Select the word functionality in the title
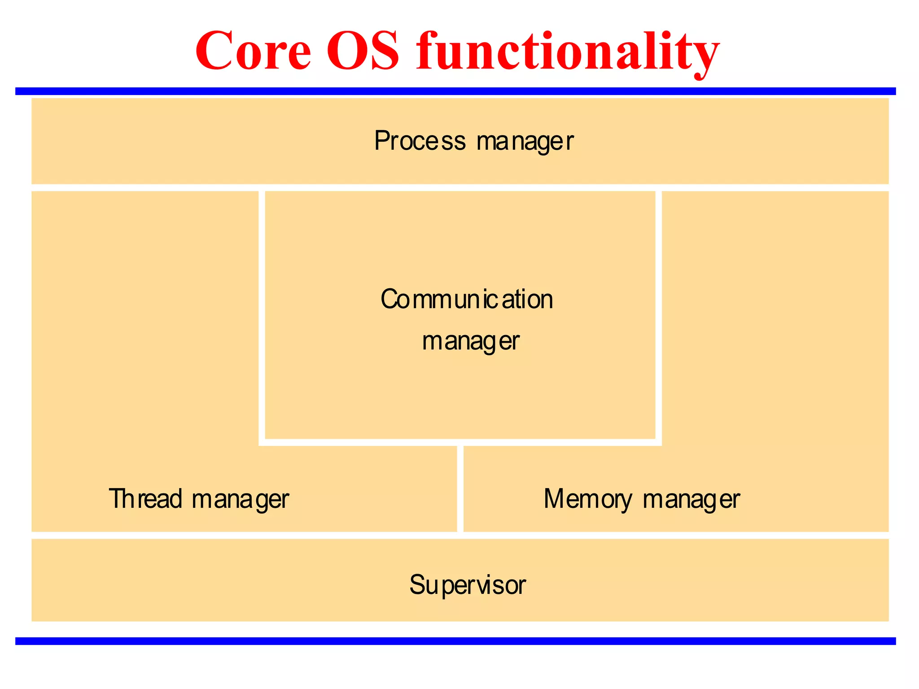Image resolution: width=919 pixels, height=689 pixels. click(x=568, y=52)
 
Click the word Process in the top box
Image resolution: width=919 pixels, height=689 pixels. click(x=420, y=141)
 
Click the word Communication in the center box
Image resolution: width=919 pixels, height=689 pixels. click(x=467, y=299)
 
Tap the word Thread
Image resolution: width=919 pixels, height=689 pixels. click(x=145, y=498)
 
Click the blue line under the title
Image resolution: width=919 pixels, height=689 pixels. click(x=455, y=92)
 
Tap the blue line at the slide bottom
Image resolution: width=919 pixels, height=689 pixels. click(x=455, y=641)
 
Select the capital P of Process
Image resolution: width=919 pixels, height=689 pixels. click(x=381, y=140)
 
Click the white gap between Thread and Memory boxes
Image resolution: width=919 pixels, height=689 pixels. click(x=460, y=489)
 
